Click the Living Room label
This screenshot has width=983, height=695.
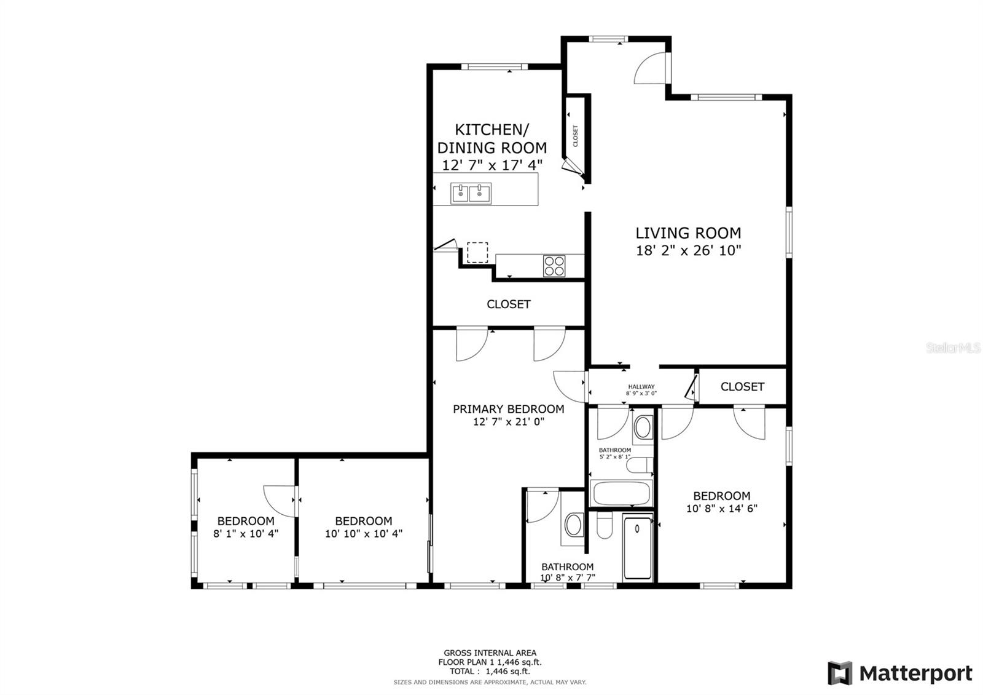[688, 233]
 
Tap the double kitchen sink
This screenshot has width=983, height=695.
[471, 194]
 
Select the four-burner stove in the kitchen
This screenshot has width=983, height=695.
[554, 266]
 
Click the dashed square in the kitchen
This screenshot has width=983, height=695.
[477, 253]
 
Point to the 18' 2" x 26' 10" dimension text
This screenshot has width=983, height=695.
[688, 251]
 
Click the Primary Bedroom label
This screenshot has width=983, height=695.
[508, 409]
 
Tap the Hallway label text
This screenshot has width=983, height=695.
[641, 387]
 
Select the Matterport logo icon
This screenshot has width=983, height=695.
[840, 673]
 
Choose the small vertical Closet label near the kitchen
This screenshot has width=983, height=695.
[576, 137]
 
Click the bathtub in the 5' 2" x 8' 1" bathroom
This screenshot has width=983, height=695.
[621, 493]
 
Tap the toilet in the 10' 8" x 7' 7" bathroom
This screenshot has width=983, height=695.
[605, 526]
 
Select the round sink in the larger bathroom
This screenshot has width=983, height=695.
[574, 525]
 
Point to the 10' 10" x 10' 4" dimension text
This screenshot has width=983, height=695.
[363, 534]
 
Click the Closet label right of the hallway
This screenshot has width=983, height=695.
[742, 387]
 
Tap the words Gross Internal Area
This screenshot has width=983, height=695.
[490, 653]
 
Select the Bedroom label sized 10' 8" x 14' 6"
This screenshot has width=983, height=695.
[721, 496]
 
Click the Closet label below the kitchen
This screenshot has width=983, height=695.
[508, 304]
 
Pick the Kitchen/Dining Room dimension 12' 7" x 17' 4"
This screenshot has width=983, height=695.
[492, 165]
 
